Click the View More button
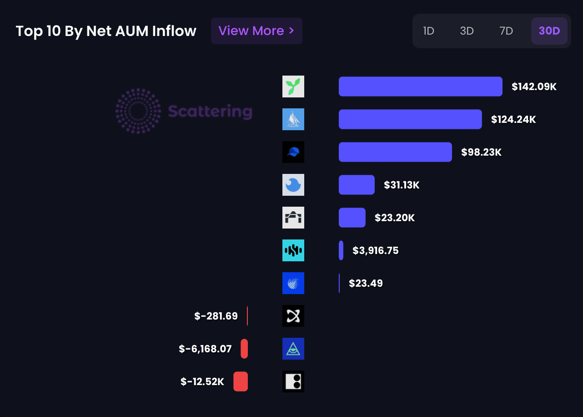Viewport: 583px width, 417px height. (256, 31)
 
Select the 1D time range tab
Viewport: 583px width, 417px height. (428, 31)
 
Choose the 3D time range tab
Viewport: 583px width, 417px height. (467, 31)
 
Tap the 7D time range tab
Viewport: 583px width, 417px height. (506, 31)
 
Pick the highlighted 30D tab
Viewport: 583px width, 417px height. (549, 31)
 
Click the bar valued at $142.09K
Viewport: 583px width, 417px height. (420, 86)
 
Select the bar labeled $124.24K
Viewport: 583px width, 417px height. (410, 119)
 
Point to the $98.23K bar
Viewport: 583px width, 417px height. (395, 152)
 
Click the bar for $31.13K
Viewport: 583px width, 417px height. (357, 185)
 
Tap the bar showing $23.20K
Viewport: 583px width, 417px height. (352, 218)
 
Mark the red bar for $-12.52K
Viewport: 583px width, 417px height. (241, 381)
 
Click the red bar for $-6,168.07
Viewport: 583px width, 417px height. (244, 349)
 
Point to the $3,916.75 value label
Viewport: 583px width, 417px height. (376, 250)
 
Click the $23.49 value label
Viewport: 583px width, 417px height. (366, 283)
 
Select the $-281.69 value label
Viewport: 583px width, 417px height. (216, 316)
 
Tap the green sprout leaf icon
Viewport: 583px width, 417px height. (293, 86)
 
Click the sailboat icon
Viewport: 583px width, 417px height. (293, 119)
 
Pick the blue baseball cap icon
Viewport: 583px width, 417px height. (293, 152)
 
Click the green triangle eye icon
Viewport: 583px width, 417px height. (293, 349)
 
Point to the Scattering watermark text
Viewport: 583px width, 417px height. (210, 111)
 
